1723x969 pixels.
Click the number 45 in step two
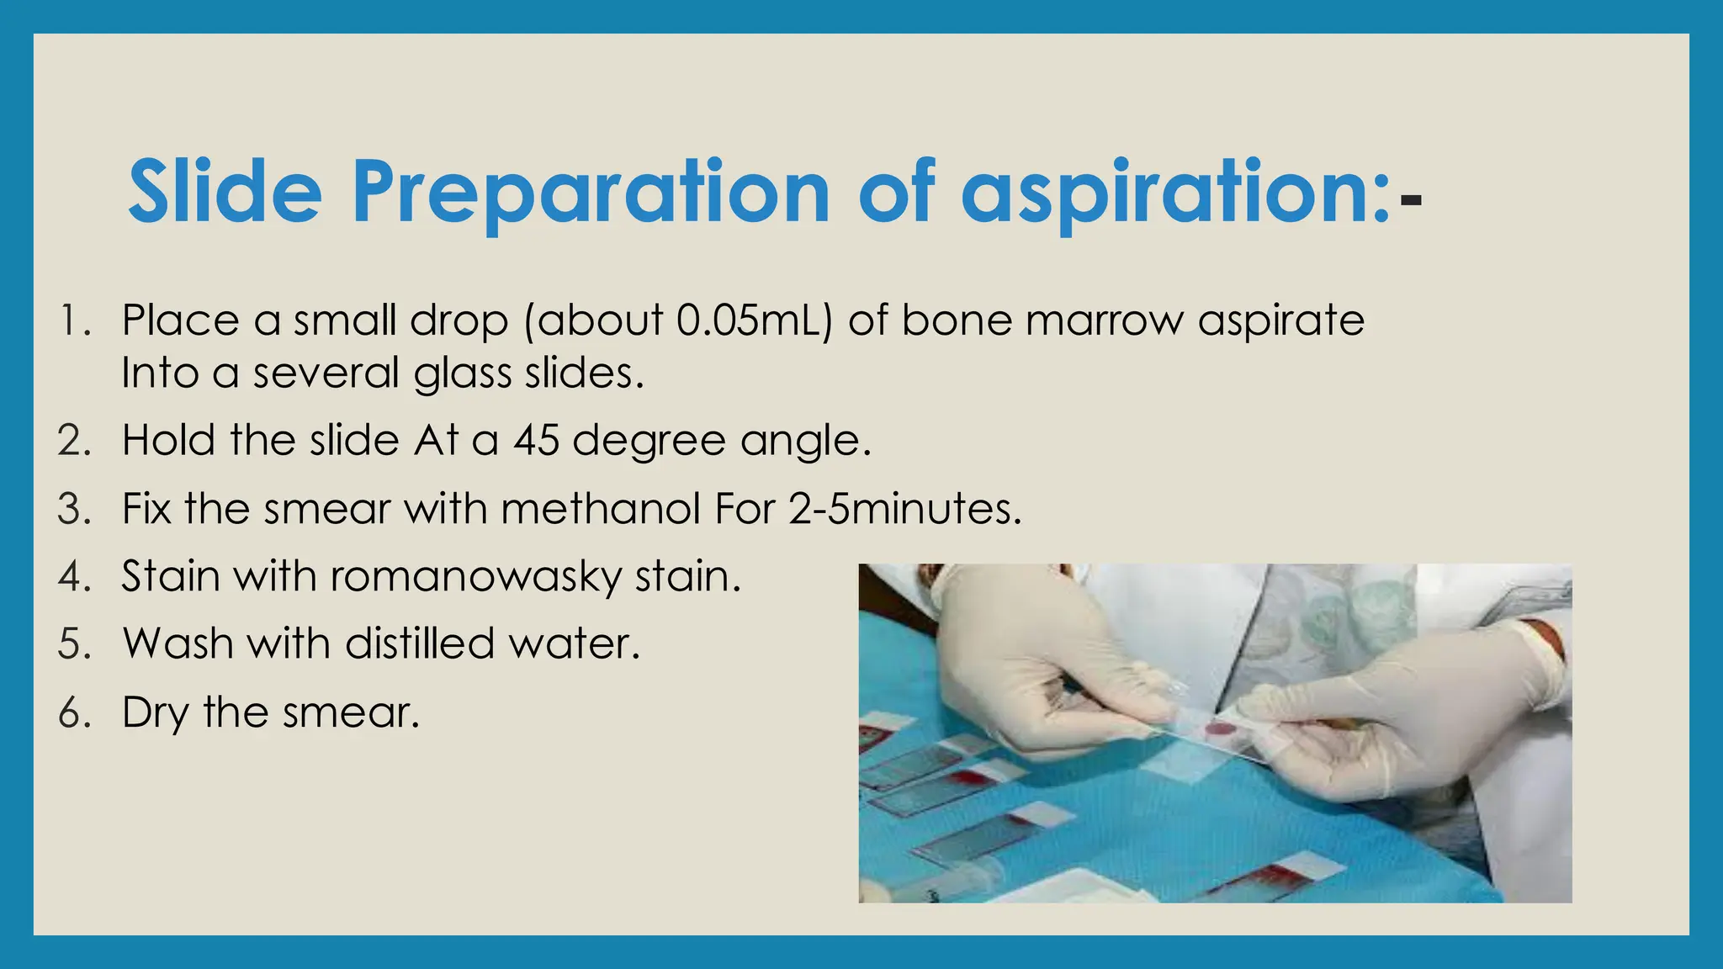[536, 440]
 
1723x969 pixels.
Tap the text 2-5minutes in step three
[904, 509]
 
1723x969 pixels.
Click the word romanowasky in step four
[476, 577]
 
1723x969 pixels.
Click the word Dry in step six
[155, 713]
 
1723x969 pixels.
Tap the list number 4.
[74, 577]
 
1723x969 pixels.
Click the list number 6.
[74, 713]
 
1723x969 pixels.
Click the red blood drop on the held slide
[1217, 728]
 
